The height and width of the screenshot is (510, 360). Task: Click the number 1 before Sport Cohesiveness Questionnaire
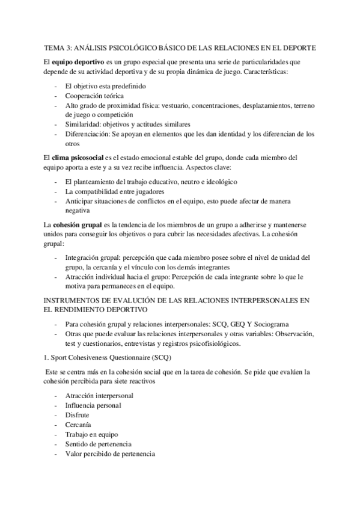(46, 358)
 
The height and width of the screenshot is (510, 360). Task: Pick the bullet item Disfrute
(76, 415)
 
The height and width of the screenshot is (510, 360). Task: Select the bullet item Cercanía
(78, 425)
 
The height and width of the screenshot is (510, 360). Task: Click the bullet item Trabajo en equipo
(91, 434)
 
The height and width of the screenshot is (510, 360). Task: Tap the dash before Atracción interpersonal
(56, 396)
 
